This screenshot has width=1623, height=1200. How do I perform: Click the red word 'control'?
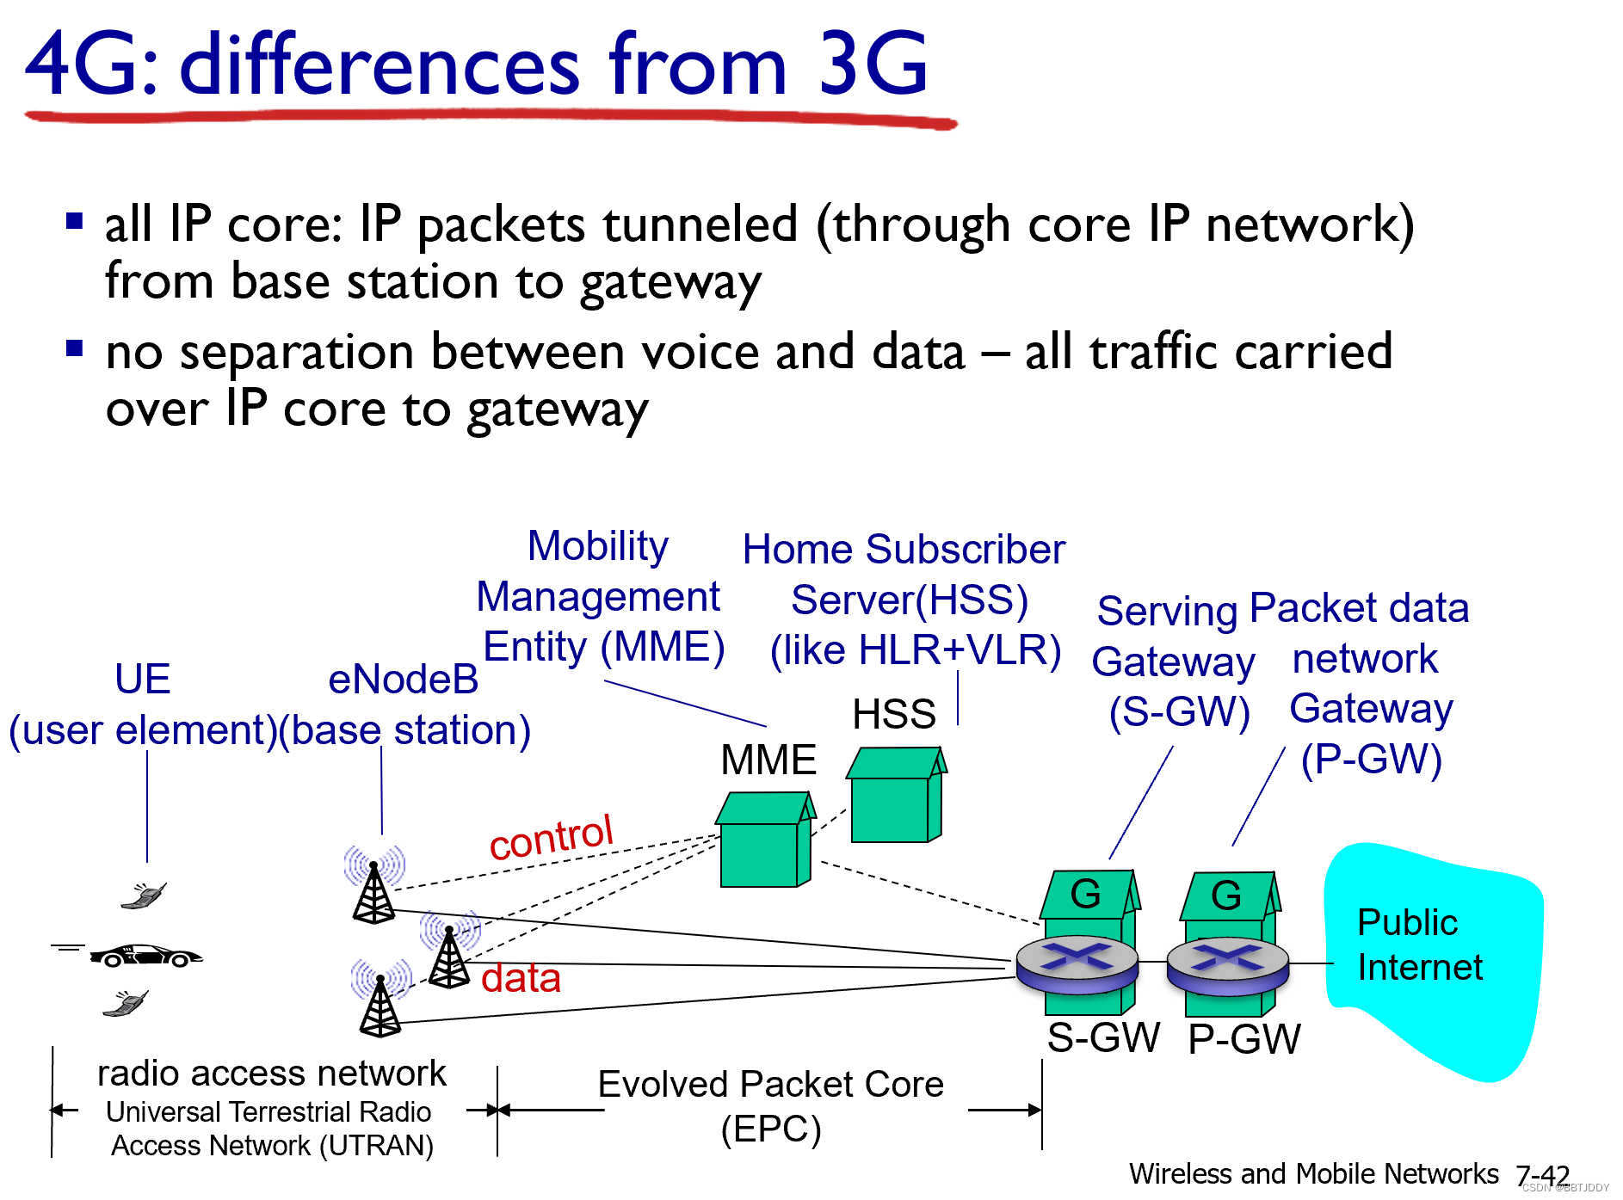551,836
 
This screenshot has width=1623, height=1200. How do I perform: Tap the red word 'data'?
521,978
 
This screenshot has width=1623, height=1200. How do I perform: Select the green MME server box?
765,840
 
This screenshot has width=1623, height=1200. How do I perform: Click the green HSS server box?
896,795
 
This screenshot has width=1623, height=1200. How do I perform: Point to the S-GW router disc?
1077,963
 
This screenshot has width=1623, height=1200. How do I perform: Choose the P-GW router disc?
1227,964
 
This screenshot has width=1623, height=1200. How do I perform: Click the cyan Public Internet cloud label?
1420,945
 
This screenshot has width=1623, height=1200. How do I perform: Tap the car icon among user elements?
145,955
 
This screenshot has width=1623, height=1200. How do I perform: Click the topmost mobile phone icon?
144,895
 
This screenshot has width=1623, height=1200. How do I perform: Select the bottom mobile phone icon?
126,1003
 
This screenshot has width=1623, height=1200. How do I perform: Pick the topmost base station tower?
373,885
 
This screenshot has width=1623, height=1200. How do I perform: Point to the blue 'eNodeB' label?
404,680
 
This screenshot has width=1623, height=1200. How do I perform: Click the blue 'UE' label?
143,679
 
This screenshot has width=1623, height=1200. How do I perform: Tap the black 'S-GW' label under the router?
1103,1037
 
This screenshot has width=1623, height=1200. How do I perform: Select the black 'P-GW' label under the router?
1244,1039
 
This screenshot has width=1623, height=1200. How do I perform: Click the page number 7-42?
1543,1175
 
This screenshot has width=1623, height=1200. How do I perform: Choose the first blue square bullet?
75,222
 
